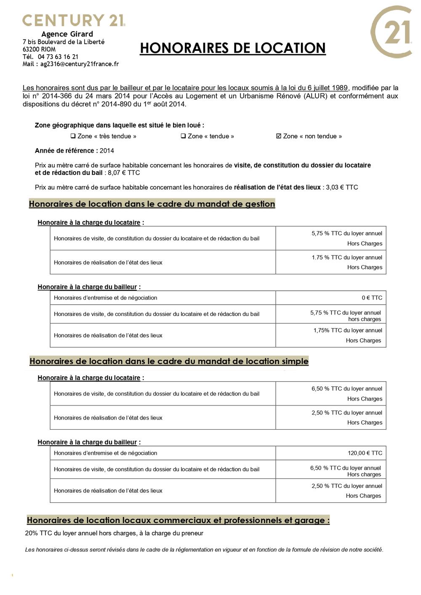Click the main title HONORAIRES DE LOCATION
[232, 48]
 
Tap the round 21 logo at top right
[391, 32]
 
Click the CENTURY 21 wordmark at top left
[74, 20]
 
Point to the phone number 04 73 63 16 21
[58, 57]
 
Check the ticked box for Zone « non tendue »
[279, 136]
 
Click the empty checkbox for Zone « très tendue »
[73, 136]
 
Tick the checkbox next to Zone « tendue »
[183, 136]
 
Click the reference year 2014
[107, 151]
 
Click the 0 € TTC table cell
[372, 298]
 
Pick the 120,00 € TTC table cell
[365, 453]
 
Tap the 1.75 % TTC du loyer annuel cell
[347, 258]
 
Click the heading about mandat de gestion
[152, 204]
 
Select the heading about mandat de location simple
[169, 361]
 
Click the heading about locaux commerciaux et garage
[178, 520]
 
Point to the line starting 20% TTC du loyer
[114, 533]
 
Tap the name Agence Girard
[67, 34]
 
